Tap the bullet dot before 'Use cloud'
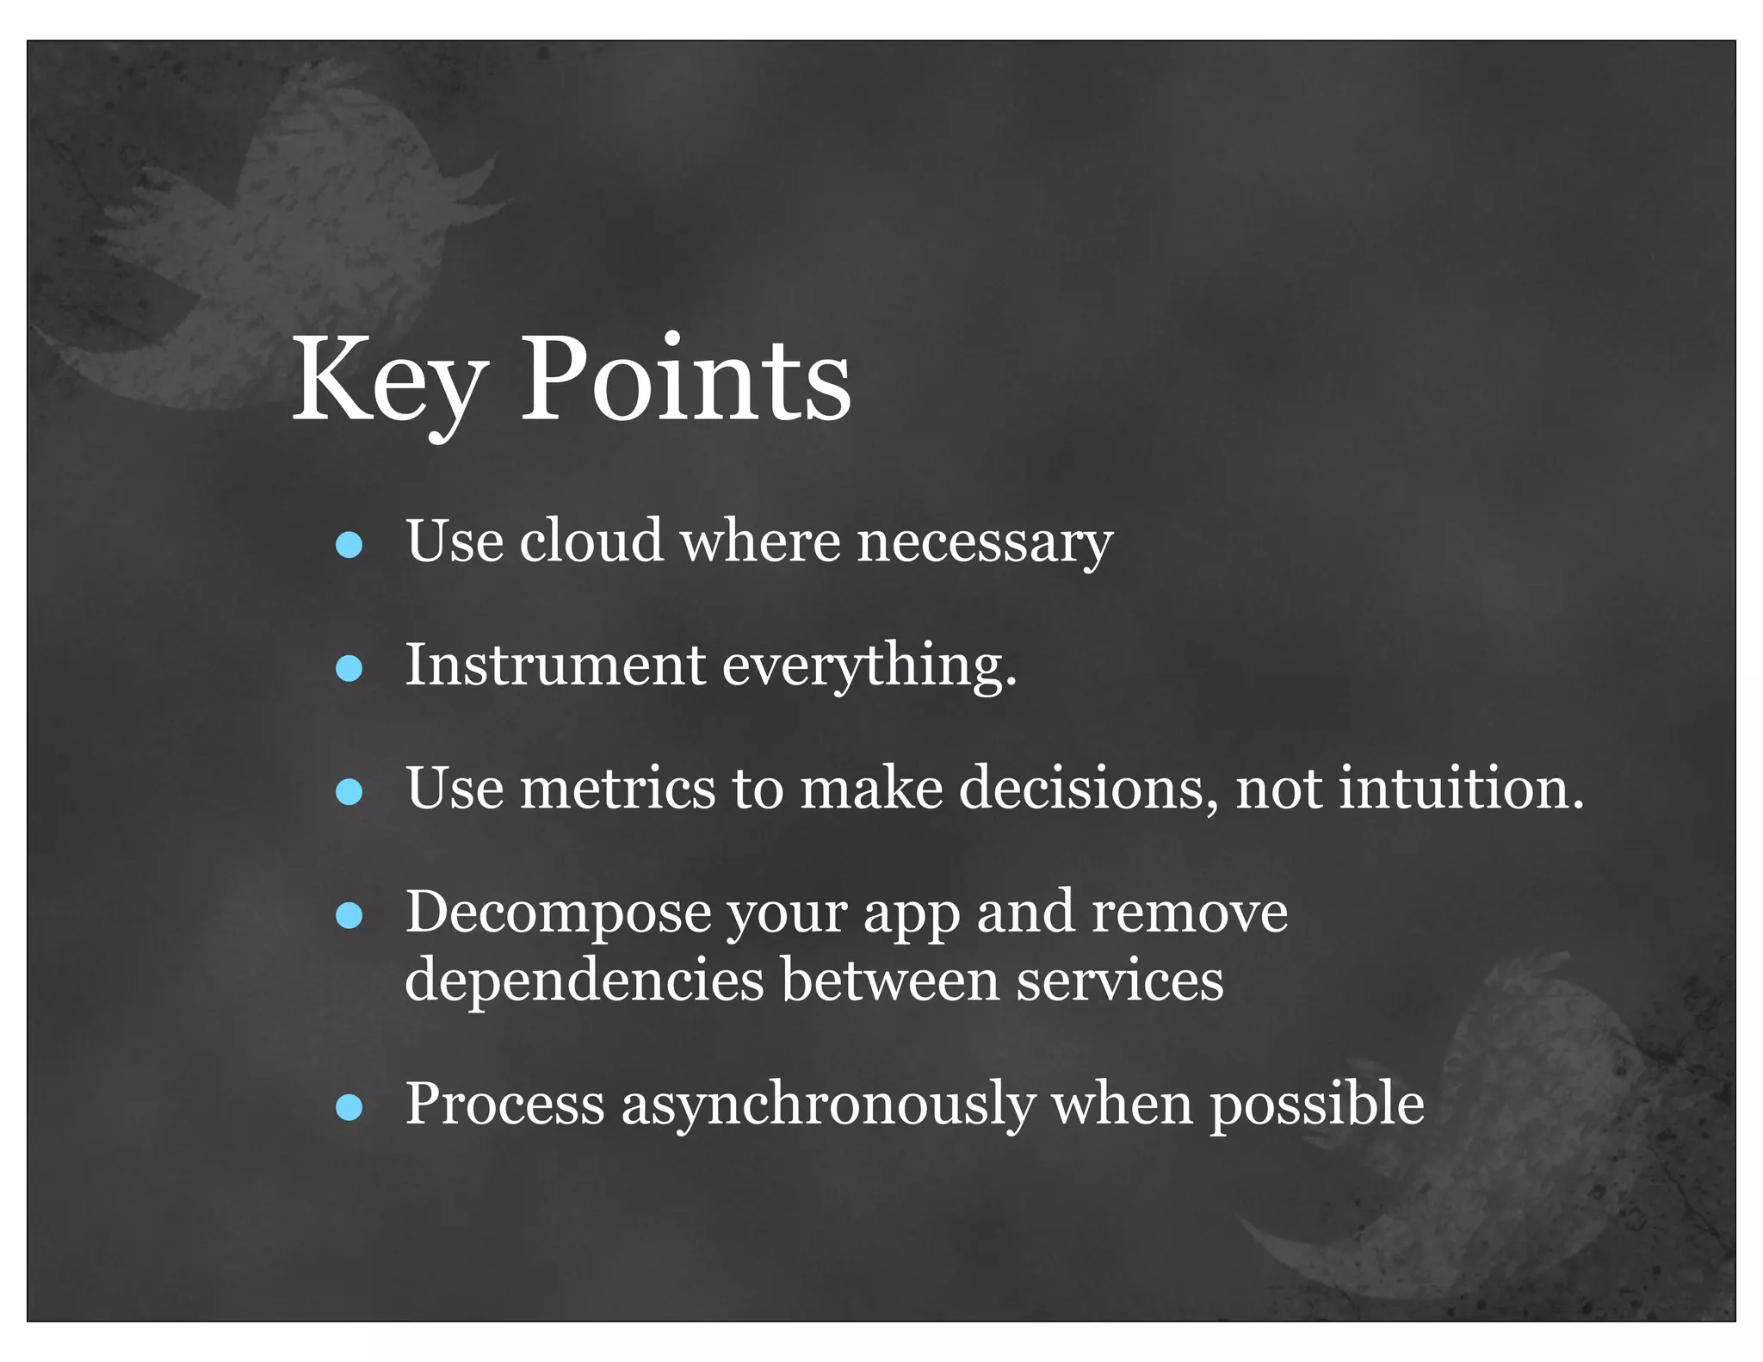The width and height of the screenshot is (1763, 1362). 349,545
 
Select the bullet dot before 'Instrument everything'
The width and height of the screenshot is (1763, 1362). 349,669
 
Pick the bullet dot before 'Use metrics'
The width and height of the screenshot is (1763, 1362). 349,792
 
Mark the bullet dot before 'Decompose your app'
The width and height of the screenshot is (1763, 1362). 349,916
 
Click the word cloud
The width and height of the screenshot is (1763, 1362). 591,542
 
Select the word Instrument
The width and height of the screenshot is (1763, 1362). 555,666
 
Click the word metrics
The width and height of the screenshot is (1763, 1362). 617,789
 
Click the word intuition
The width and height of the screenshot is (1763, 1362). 1459,789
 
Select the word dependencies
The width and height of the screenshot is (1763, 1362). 584,981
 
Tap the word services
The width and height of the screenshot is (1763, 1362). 1119,981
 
